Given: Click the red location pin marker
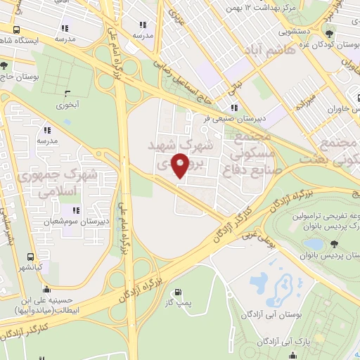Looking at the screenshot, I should tap(181, 166).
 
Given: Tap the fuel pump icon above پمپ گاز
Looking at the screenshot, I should tap(177, 292).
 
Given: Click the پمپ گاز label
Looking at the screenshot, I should tap(177, 304).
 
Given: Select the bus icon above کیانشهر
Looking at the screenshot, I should tap(30, 257).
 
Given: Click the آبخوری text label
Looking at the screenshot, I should tap(67, 104).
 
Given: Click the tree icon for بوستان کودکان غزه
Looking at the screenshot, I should tap(330, 34).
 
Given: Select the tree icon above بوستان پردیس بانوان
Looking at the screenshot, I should tap(333, 244).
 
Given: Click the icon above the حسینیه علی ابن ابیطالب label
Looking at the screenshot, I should tap(47, 288).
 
